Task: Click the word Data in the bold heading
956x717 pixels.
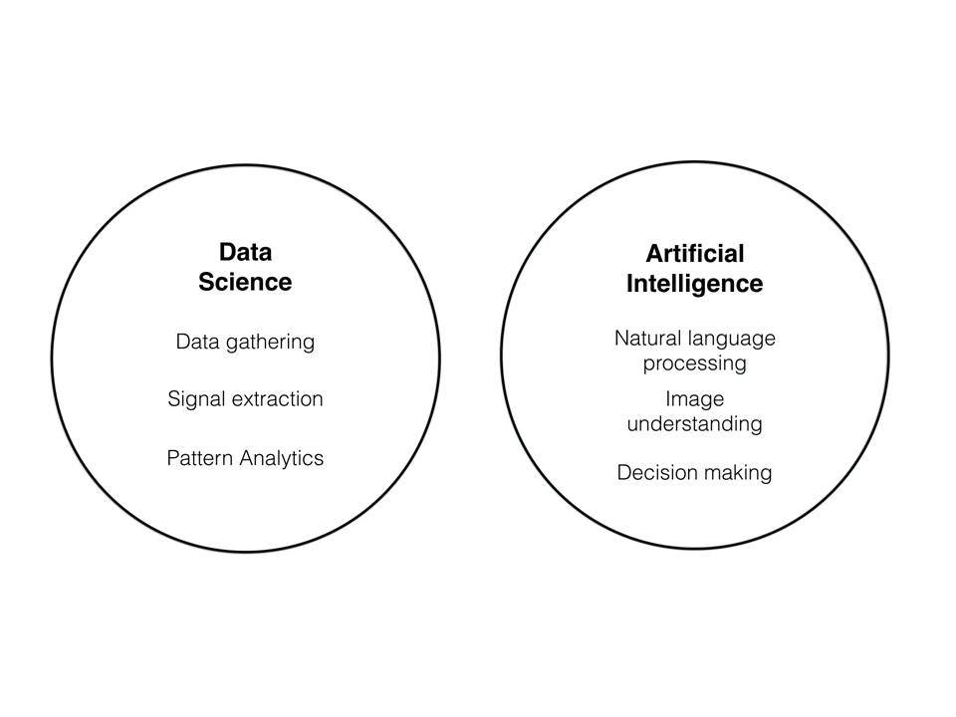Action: [x=245, y=252]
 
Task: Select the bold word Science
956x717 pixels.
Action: [x=245, y=282]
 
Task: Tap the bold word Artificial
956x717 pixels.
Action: [x=695, y=254]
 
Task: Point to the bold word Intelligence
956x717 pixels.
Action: [x=694, y=284]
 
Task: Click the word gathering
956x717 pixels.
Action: [x=270, y=342]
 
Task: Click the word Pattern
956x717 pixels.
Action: [x=199, y=458]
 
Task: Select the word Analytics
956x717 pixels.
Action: [x=281, y=458]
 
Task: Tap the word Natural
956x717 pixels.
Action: [x=647, y=339]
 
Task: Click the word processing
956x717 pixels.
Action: [x=694, y=364]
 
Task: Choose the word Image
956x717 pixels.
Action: [x=694, y=400]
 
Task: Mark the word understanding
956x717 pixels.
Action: [x=694, y=424]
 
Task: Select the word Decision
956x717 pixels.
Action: [x=655, y=472]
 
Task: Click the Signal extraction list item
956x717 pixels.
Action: [x=245, y=399]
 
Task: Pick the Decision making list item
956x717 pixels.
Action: [x=694, y=473]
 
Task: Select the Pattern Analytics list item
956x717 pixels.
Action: [x=245, y=458]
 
